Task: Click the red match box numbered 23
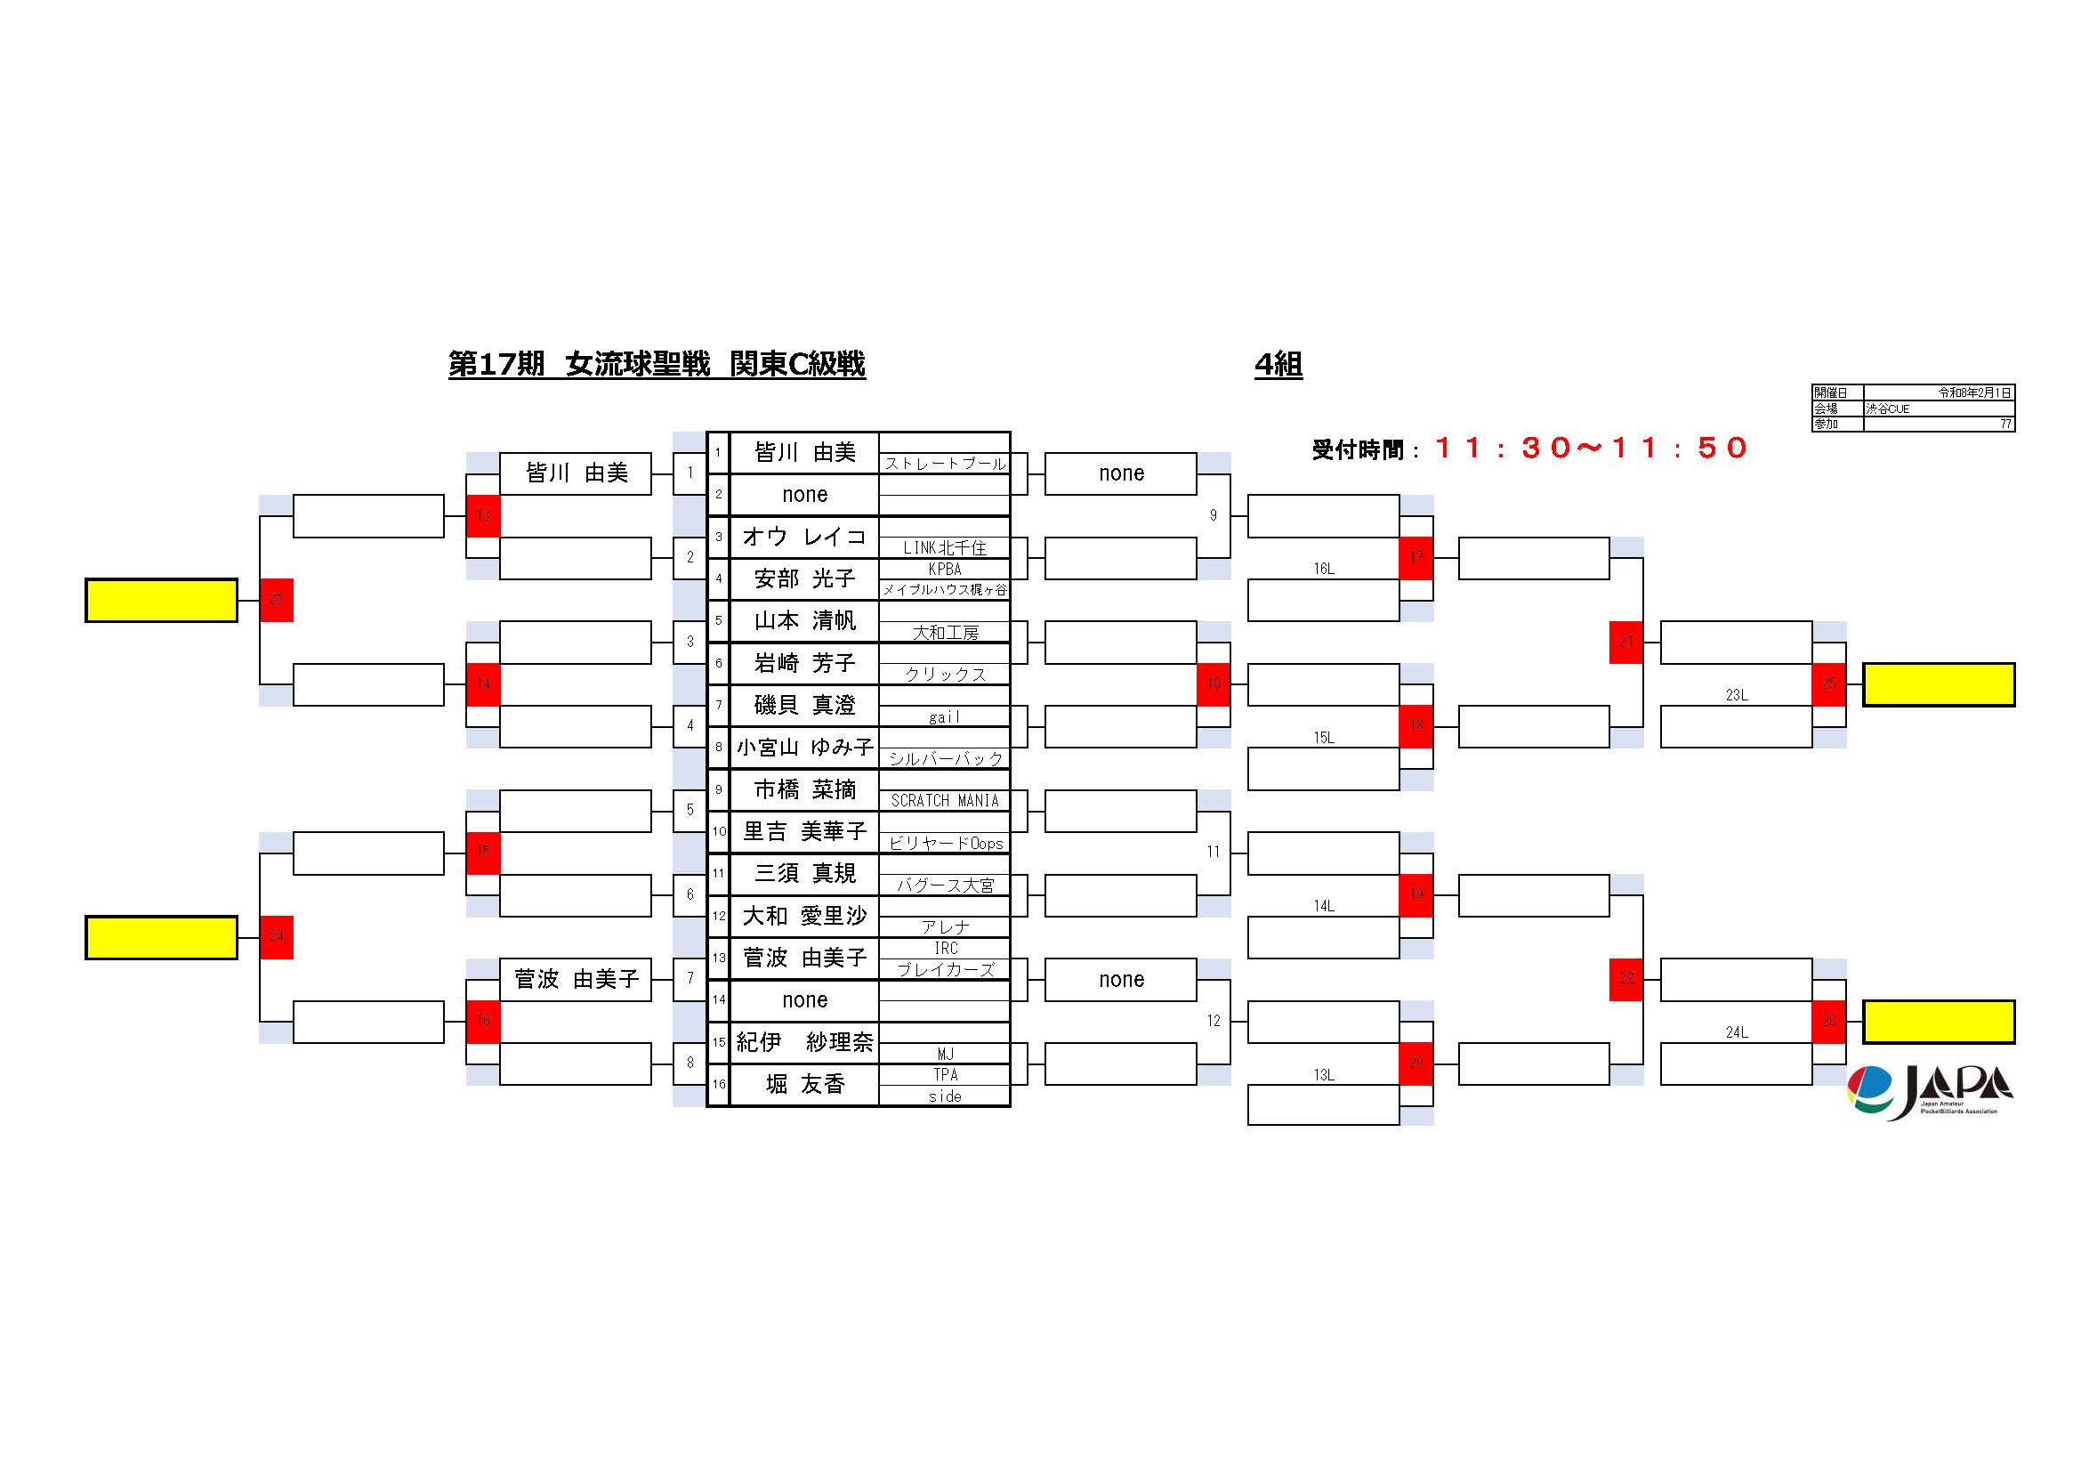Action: [277, 599]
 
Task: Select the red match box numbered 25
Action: [1828, 683]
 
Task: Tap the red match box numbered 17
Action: [1416, 557]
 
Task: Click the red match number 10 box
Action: [1214, 683]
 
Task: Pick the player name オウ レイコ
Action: [804, 537]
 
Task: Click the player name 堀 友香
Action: [804, 1084]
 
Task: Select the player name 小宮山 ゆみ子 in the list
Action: [804, 747]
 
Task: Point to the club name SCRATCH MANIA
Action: [945, 800]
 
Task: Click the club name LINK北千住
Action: [945, 547]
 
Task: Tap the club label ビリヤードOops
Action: [946, 843]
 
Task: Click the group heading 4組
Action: [1278, 364]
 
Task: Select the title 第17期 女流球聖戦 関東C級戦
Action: [657, 364]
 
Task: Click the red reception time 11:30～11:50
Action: [1590, 448]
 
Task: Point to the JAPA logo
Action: [1931, 1091]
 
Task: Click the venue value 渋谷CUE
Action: [1887, 408]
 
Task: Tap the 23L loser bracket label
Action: [1736, 695]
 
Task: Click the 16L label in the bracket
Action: [1323, 570]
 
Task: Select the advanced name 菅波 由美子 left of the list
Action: [576, 979]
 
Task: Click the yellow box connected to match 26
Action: [1938, 1022]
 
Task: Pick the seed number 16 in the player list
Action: [719, 1084]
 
